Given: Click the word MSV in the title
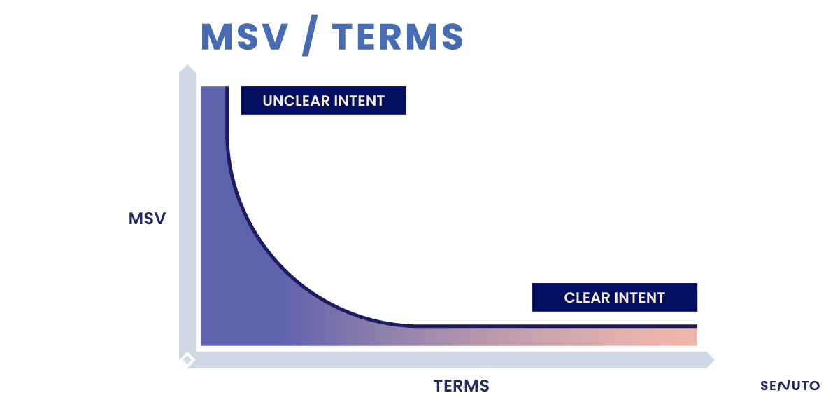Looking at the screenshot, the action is [x=245, y=37].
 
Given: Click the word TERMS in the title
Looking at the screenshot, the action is [x=398, y=37].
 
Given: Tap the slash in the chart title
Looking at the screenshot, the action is [x=310, y=36].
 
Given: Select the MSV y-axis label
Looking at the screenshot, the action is [x=147, y=219].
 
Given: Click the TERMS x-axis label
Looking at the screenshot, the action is [x=461, y=386].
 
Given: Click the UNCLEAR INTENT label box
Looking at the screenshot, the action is [x=323, y=100].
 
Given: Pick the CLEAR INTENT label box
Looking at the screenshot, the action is [x=615, y=297].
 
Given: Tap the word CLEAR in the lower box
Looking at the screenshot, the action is [x=587, y=298].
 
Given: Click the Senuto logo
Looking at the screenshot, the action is [x=790, y=385].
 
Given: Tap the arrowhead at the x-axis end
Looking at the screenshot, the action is [x=709, y=360].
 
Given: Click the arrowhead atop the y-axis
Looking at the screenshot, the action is [x=187, y=69].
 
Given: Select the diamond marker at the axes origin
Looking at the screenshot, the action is [x=187, y=360].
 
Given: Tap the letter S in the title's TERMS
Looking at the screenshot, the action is [x=453, y=37].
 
